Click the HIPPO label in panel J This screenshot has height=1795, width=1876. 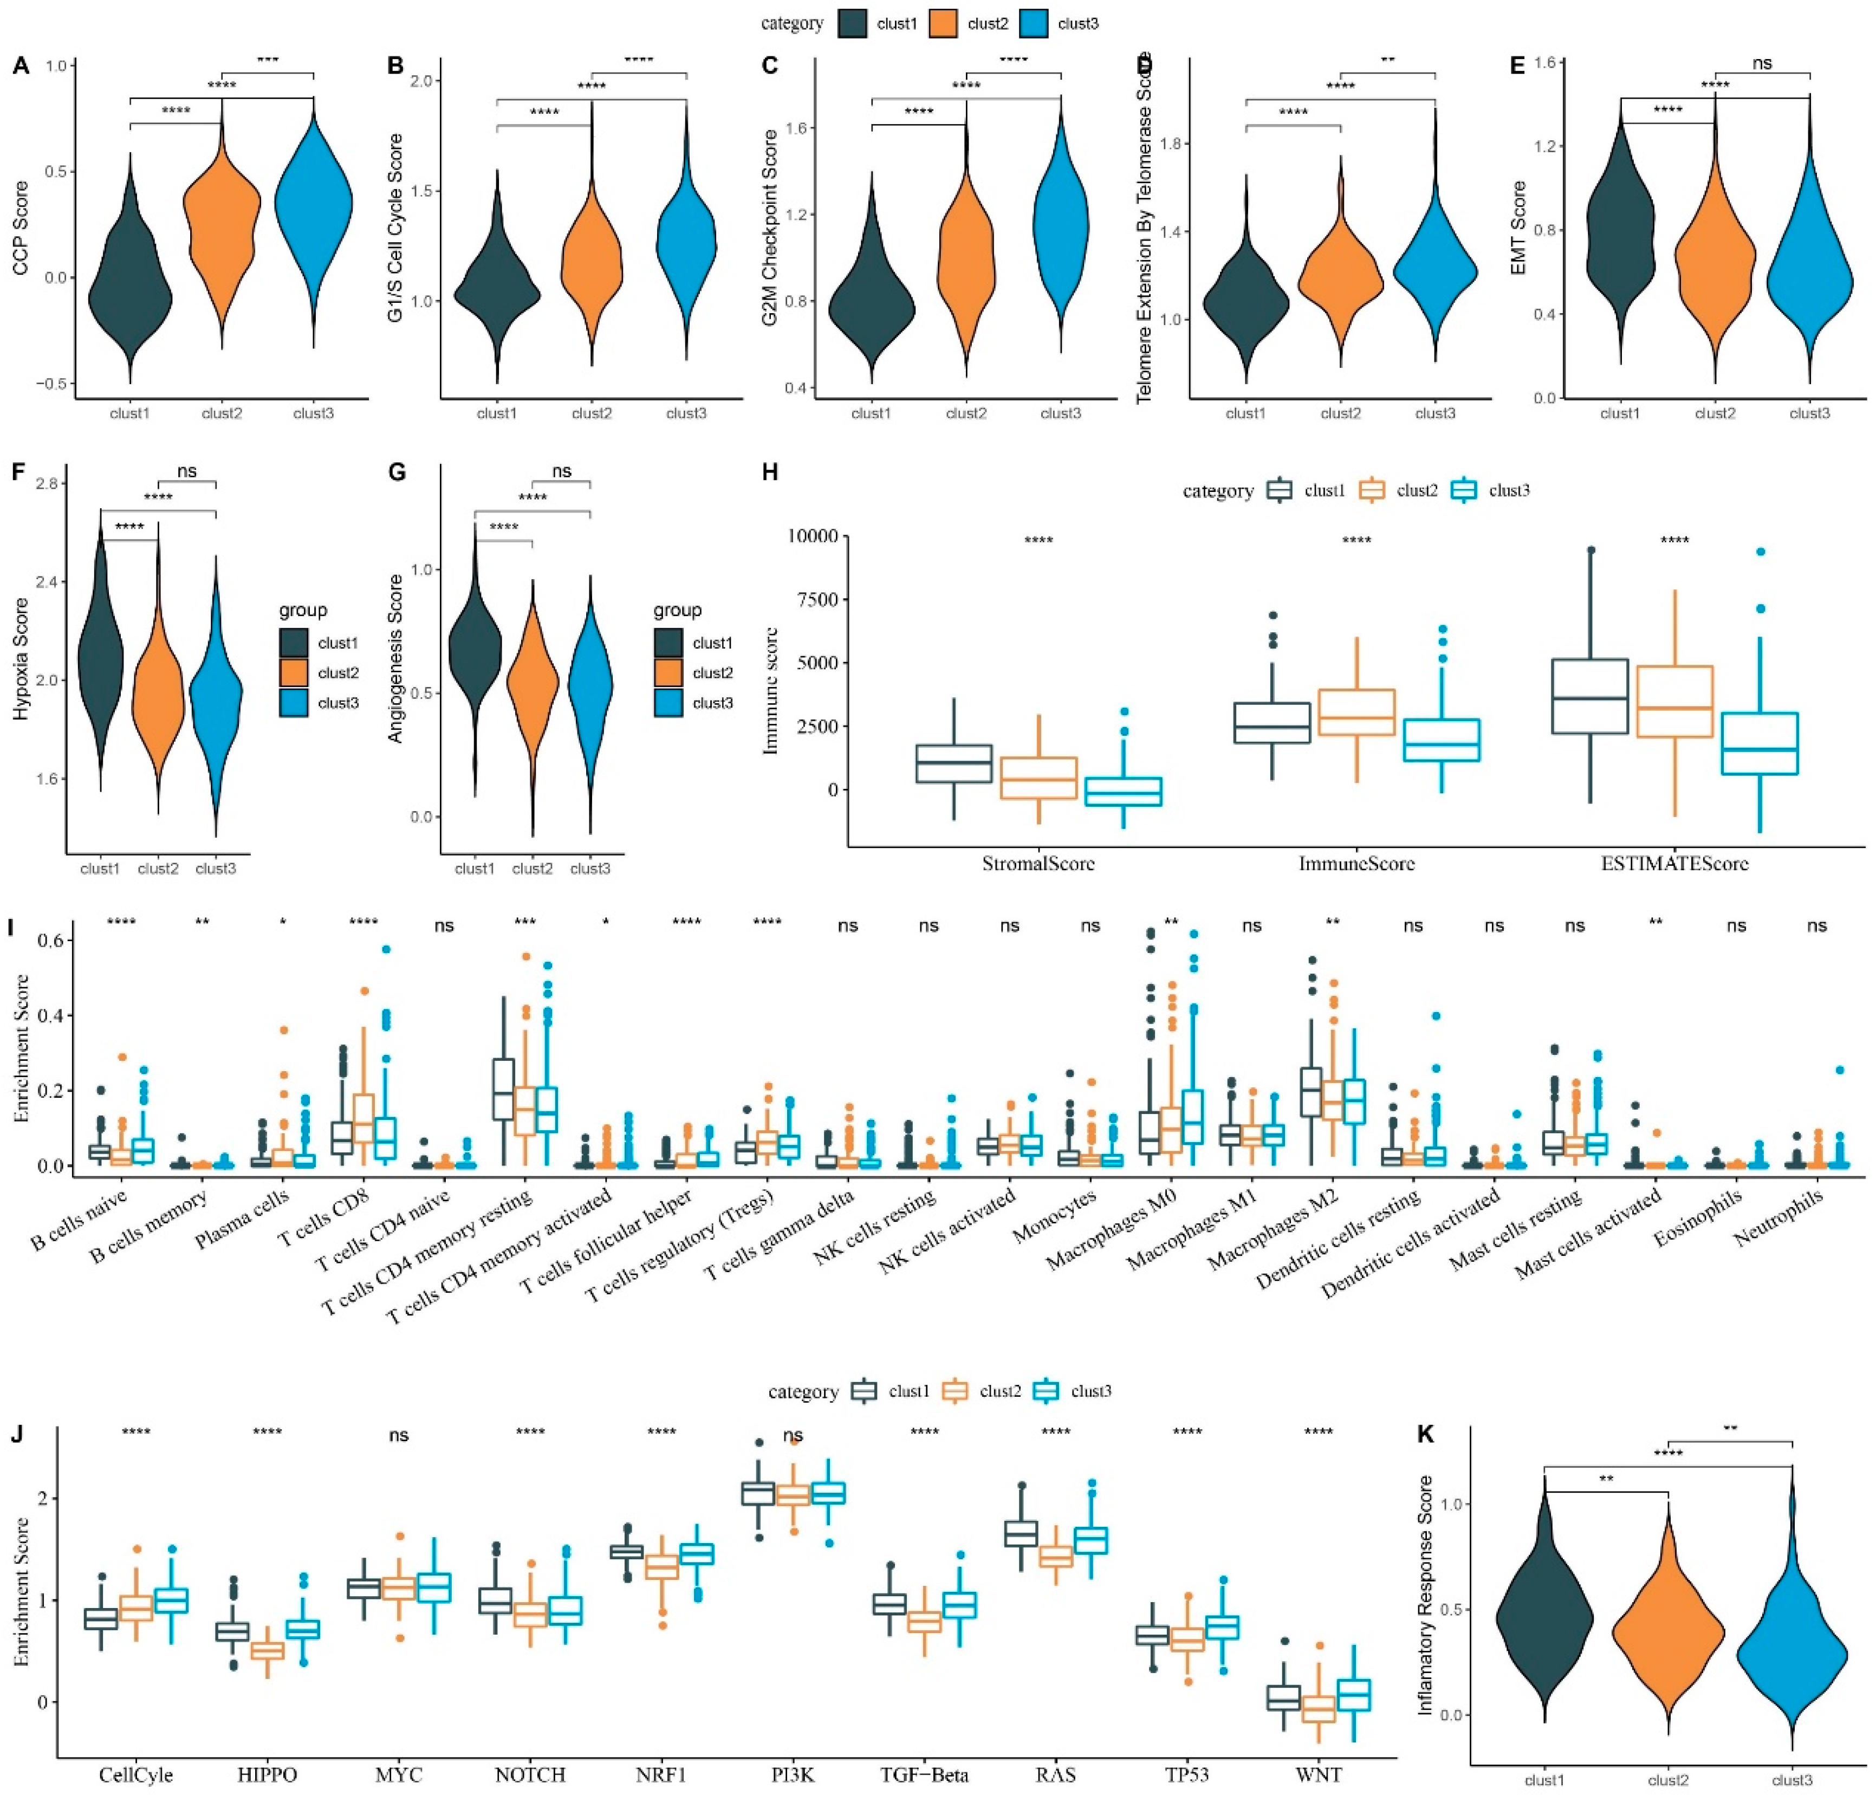(x=267, y=1775)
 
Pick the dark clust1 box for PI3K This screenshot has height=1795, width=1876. (x=758, y=1494)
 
